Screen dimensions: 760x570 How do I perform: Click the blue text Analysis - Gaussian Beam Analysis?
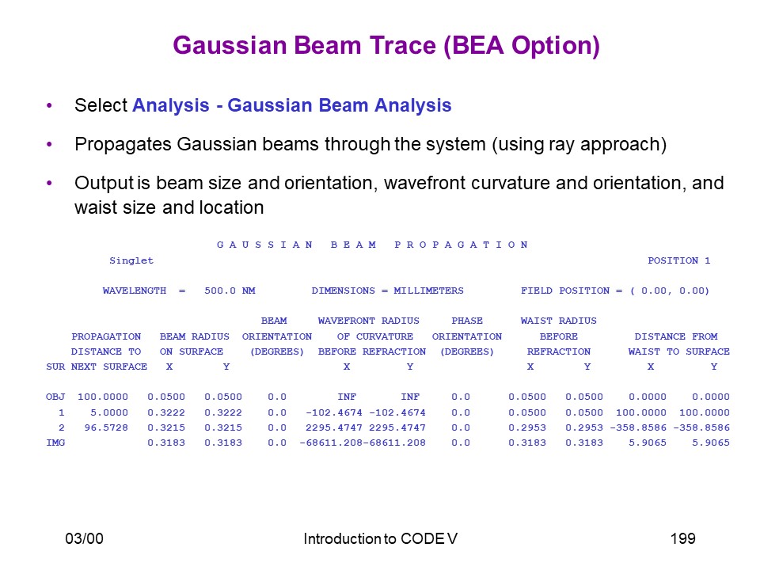292,105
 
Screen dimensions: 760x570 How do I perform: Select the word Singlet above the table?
131,260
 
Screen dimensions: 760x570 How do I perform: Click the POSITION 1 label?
678,260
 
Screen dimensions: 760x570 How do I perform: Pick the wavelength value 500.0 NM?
230,291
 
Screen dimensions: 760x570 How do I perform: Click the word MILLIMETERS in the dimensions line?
428,291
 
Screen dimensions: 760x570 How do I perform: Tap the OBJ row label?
55,397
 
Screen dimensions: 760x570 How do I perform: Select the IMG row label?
55,443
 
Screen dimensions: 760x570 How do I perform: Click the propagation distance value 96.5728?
106,427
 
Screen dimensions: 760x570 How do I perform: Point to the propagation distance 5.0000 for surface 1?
109,412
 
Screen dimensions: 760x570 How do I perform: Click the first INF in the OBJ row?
347,397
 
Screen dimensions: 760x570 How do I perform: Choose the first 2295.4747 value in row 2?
334,427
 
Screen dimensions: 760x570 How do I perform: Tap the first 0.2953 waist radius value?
527,427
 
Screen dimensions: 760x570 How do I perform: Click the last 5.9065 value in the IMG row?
711,443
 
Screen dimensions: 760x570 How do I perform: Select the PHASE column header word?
467,321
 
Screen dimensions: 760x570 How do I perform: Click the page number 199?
683,538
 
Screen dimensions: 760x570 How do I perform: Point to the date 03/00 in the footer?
85,538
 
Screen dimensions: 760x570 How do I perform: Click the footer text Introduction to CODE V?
381,538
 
